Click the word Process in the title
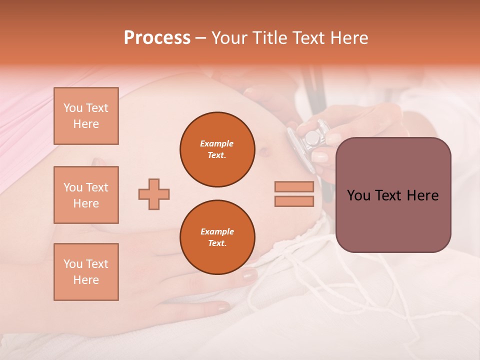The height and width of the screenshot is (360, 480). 157,38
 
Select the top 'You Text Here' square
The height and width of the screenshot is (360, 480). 86,116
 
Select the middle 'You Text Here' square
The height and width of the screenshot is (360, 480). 86,195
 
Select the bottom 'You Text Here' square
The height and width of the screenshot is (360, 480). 86,272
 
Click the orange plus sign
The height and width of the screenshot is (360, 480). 154,194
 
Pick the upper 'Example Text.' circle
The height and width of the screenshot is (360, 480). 217,149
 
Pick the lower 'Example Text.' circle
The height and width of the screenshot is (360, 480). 217,237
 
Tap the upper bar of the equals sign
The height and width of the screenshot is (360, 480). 294,187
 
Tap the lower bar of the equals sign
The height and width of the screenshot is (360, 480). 294,201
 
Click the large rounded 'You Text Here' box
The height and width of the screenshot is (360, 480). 393,195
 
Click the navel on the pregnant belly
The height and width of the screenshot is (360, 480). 263,149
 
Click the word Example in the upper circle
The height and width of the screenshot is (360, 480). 217,143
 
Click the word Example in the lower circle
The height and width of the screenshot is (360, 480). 217,231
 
